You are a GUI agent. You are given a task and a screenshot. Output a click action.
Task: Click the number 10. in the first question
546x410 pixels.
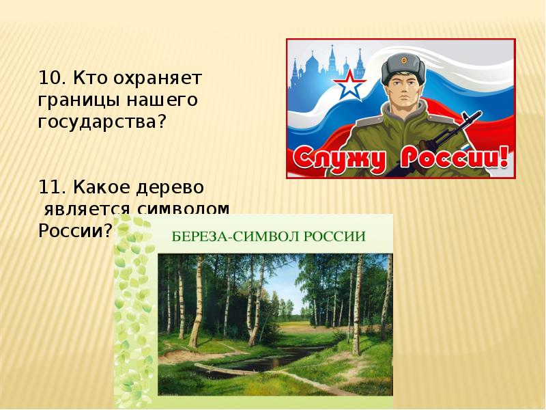coord(51,78)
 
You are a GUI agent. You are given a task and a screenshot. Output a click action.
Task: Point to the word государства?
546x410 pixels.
coord(102,123)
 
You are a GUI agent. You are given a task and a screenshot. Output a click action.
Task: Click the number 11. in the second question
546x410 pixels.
coord(51,186)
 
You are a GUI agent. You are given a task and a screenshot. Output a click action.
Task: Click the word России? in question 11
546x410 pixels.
coord(75,230)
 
